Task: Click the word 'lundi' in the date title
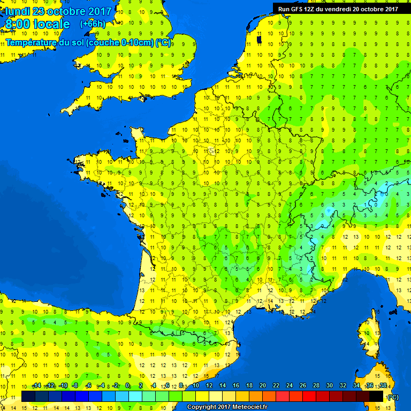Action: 18,11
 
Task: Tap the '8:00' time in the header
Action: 19,25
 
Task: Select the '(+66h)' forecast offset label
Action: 92,24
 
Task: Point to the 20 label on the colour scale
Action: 262,386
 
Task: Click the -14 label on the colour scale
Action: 36,386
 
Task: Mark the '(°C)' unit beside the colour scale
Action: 393,397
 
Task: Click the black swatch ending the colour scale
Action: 376,396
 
